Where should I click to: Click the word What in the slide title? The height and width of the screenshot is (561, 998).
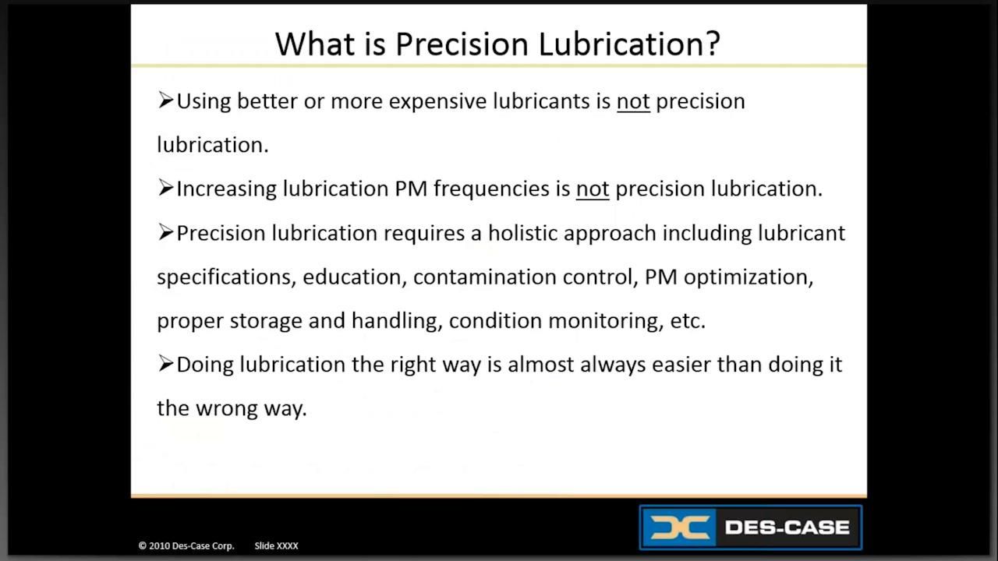[x=308, y=44]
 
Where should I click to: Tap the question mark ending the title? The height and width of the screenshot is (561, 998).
[x=711, y=44]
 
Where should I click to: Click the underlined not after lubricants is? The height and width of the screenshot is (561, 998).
[x=633, y=101]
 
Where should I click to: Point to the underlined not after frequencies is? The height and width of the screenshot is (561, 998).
[x=593, y=189]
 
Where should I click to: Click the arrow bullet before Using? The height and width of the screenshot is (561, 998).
[x=165, y=100]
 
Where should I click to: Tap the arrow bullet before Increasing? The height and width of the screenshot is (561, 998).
[x=165, y=187]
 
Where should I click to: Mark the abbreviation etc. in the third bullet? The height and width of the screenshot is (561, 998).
[x=688, y=321]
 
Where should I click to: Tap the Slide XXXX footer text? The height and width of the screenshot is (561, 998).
[x=276, y=546]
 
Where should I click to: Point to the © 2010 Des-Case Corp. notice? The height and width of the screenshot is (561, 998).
[x=186, y=546]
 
